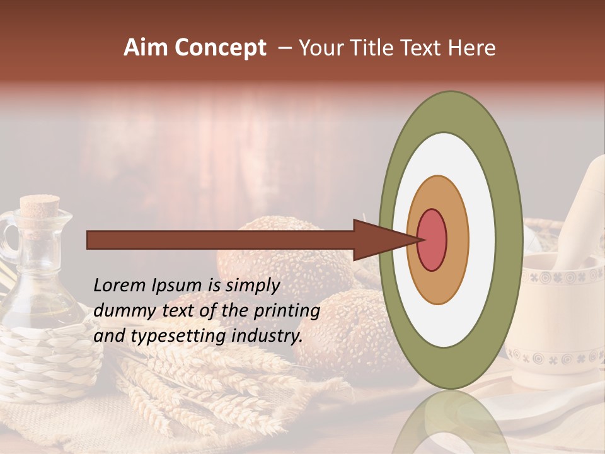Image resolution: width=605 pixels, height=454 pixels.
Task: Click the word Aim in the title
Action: pos(146,48)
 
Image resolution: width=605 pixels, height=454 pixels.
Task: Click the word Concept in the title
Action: pos(220,49)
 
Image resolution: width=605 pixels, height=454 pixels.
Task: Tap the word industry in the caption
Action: pos(267,336)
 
